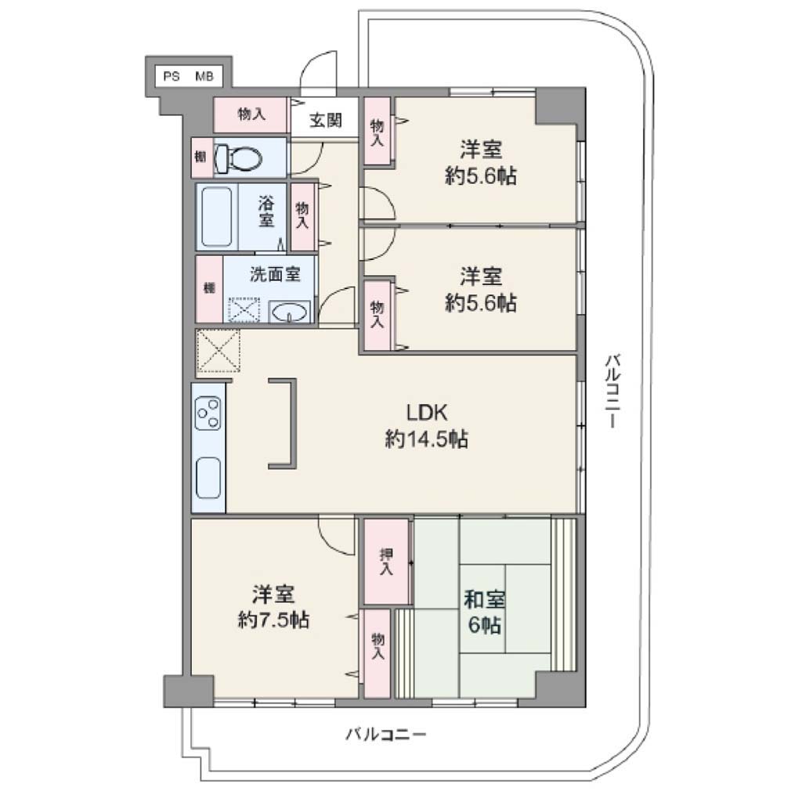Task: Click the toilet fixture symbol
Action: pos(238,158)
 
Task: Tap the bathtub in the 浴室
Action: pos(216,216)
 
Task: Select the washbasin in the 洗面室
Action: pos(290,312)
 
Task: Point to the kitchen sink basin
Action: pos(208,478)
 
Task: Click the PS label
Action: pos(172,77)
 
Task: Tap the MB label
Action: pos(204,77)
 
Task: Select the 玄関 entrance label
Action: pos(325,120)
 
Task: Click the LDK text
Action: pos(427,412)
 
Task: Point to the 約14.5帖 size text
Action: pos(426,439)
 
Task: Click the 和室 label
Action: pos(484,599)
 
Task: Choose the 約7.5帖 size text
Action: pos(273,620)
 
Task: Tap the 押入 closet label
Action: pos(386,562)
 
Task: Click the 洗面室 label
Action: pos(275,274)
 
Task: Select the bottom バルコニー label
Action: pos(386,735)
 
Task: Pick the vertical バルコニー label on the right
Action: pos(612,391)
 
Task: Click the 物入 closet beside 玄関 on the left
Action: pos(251,114)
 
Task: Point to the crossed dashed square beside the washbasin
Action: pos(244,310)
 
